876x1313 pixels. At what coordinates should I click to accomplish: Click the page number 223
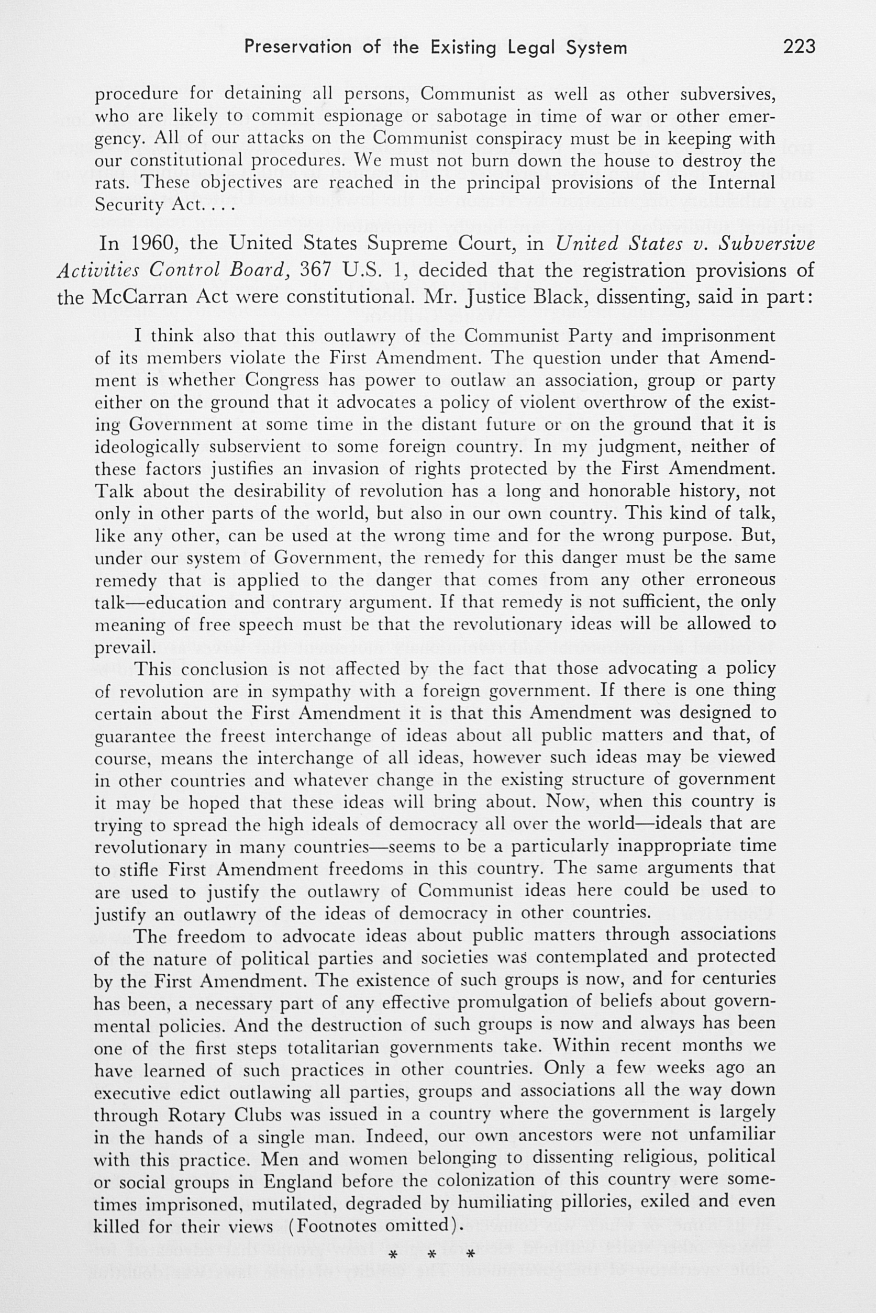(x=799, y=47)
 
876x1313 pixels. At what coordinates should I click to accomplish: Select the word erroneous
(x=736, y=580)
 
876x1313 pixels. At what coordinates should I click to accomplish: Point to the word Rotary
(x=196, y=1112)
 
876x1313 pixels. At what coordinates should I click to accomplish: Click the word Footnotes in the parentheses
(x=338, y=1224)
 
